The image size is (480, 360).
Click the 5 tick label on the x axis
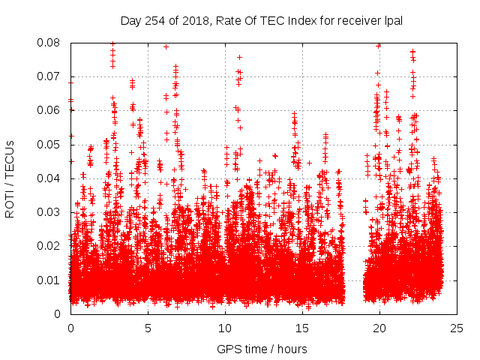click(148, 328)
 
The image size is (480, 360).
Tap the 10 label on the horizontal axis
click(225, 328)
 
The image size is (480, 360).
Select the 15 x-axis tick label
click(302, 328)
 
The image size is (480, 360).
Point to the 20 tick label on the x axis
click(379, 328)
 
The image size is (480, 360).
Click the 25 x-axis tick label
click(457, 328)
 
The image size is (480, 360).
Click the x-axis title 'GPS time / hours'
click(263, 349)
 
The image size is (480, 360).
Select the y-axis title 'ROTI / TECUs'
click(10, 178)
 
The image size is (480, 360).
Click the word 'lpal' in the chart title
click(394, 21)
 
